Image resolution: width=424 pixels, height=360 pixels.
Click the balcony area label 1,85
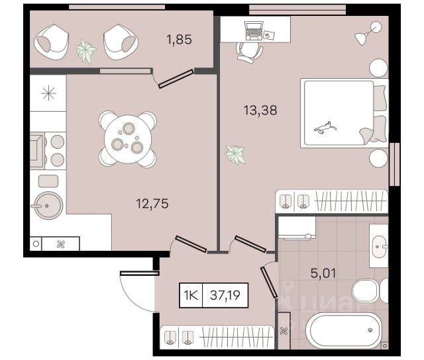click(x=179, y=40)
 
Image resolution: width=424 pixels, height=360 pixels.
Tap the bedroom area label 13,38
click(x=260, y=111)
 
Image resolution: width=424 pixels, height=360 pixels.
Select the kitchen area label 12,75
click(x=152, y=204)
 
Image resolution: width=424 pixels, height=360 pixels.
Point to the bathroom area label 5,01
click(x=323, y=273)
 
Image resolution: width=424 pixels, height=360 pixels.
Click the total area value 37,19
click(x=225, y=295)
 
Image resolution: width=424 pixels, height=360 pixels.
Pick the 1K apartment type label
click(x=191, y=295)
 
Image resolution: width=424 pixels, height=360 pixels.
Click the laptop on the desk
click(x=253, y=30)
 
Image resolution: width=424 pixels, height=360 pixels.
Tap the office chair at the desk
click(x=249, y=52)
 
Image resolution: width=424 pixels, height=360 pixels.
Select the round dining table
click(x=129, y=139)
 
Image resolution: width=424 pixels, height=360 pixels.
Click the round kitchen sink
click(x=48, y=206)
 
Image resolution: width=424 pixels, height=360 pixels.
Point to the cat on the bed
click(x=325, y=128)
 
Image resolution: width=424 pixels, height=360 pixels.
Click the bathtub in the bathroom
click(x=343, y=331)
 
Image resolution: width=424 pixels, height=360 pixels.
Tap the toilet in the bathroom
click(x=370, y=291)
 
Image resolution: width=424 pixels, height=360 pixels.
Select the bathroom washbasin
click(x=379, y=247)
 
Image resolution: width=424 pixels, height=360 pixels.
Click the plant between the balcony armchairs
click(x=86, y=51)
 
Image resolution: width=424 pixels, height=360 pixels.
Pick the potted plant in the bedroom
click(x=235, y=154)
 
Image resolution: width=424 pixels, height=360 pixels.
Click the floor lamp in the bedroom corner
click(x=368, y=33)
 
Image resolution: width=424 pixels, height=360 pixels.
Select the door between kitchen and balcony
click(x=176, y=79)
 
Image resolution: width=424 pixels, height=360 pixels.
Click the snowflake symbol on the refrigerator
click(x=48, y=93)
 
